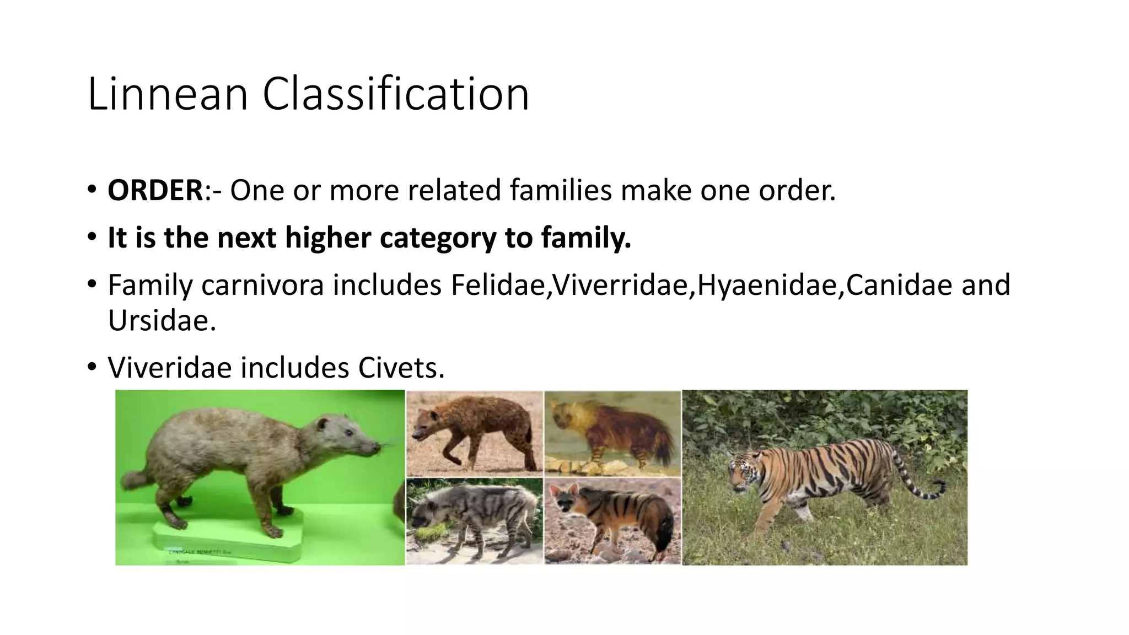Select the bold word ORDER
[x=155, y=190]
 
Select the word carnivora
[x=262, y=285]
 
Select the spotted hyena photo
[x=474, y=433]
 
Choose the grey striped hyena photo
[x=474, y=521]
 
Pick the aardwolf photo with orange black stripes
[x=612, y=521]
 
